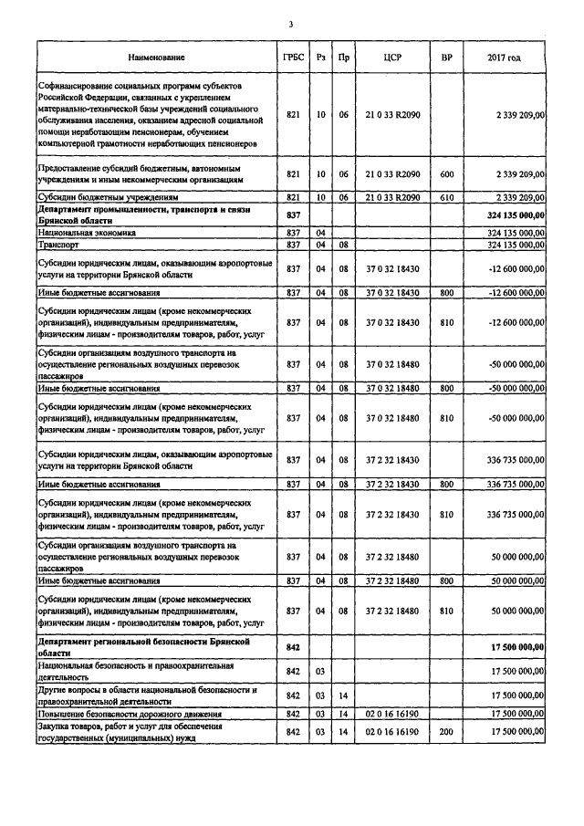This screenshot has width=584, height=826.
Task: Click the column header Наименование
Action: [x=156, y=58]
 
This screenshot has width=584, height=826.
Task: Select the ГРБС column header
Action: [x=293, y=58]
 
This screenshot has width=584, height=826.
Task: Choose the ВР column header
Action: [x=446, y=58]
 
